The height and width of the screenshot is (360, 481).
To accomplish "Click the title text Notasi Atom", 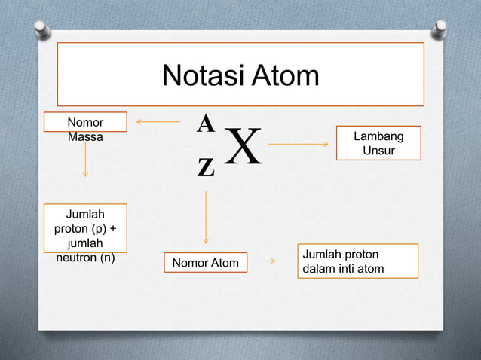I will click(240, 75).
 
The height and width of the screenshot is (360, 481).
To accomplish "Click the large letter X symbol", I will click(243, 148).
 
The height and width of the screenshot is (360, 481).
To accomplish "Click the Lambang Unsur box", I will click(378, 143).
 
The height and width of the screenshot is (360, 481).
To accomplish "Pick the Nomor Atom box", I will click(205, 262).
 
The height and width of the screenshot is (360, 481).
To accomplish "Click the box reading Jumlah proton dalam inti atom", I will click(357, 261).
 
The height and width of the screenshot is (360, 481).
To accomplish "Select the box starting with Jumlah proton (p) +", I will click(85, 227).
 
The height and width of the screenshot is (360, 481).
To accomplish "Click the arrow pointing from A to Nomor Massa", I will click(158, 121).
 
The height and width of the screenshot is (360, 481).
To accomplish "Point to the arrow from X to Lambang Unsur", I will click(299, 143).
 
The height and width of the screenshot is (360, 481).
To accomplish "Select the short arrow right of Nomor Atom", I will click(268, 261).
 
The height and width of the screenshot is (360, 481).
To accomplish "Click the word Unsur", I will click(378, 151).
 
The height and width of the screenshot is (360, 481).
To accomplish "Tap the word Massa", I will click(85, 137).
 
